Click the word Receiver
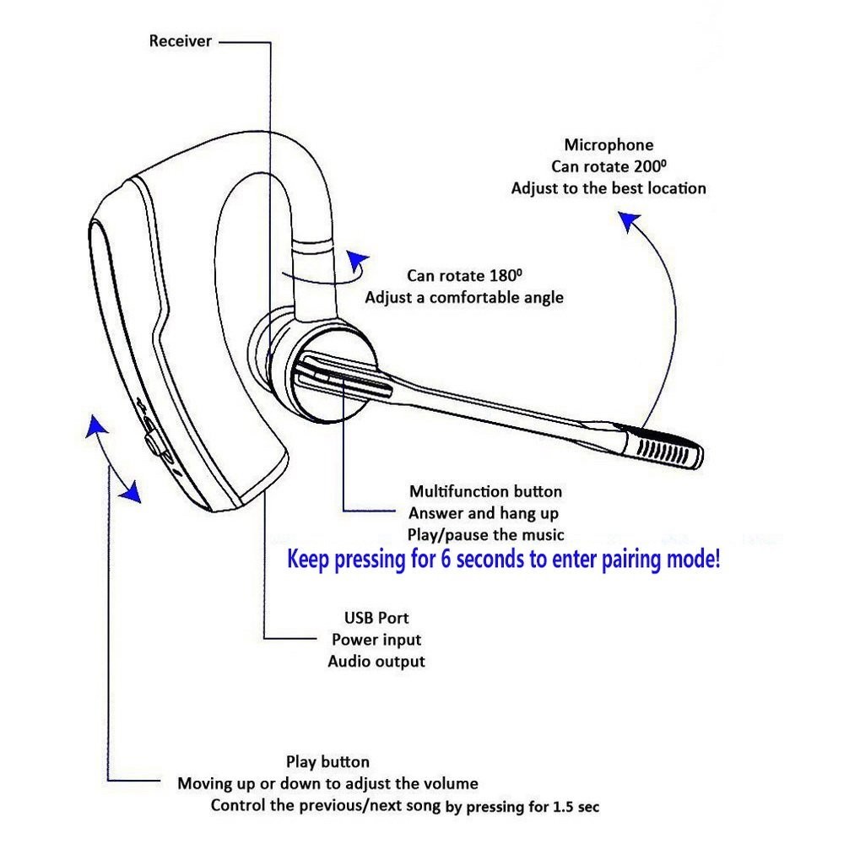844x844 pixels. point(181,41)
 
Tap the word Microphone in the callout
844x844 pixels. point(609,145)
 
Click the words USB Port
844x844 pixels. point(376,619)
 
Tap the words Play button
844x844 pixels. point(327,762)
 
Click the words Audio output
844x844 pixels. point(376,662)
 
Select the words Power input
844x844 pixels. point(376,640)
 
